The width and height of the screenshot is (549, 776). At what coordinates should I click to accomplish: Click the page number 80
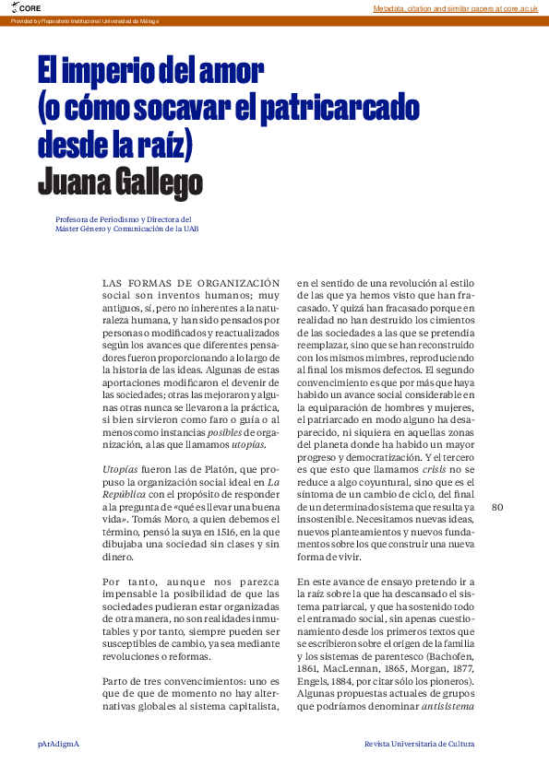pyautogui.click(x=498, y=507)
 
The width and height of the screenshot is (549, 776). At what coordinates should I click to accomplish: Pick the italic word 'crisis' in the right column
pyautogui.click(x=439, y=469)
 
